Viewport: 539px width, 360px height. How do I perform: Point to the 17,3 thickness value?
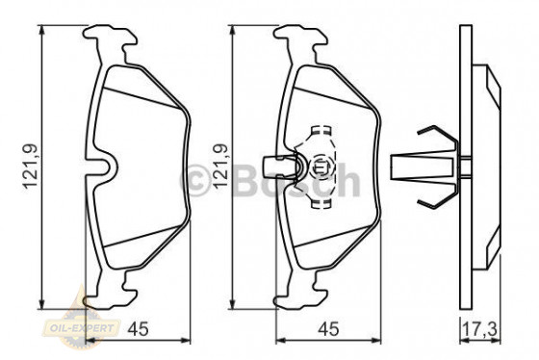485,330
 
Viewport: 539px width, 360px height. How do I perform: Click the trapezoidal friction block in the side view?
489,166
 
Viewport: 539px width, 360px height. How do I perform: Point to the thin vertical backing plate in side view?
467,166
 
